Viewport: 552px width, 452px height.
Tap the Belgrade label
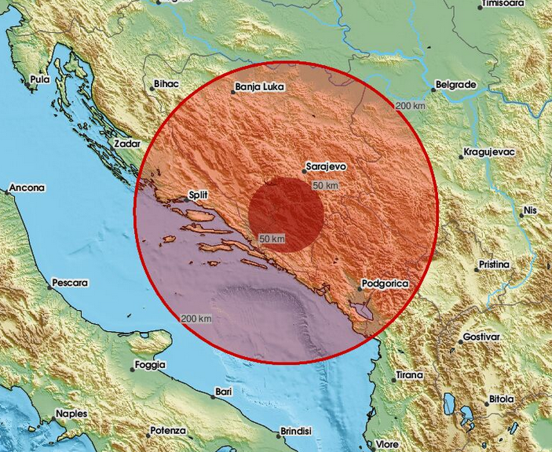coord(456,84)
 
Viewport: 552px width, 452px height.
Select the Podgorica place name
coord(387,283)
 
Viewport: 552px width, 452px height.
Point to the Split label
coord(198,195)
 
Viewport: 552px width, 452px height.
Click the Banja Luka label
coord(260,89)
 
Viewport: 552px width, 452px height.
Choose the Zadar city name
coord(126,144)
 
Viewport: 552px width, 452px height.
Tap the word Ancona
coord(27,188)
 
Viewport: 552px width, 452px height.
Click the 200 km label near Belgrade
coord(411,106)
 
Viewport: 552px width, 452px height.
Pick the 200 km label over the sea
coord(196,318)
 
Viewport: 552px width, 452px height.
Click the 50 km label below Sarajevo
coord(325,185)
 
